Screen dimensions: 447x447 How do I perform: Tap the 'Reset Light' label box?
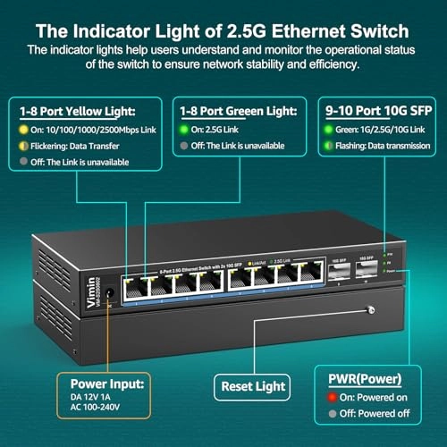pos(252,385)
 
